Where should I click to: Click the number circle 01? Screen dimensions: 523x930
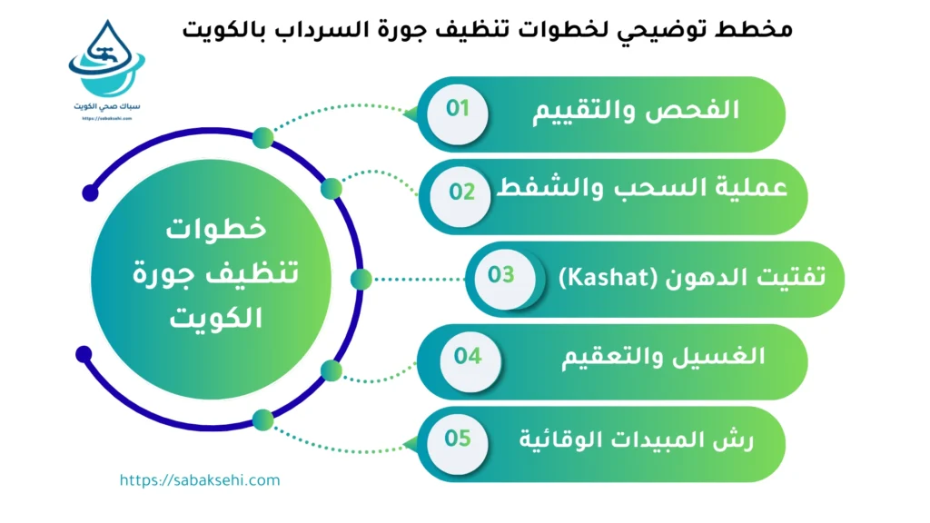(x=458, y=110)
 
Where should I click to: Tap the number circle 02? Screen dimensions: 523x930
(x=463, y=192)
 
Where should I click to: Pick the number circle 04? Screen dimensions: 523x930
(x=468, y=356)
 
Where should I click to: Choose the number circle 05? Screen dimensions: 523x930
(x=458, y=439)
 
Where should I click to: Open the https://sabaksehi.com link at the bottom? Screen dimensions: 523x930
(x=200, y=480)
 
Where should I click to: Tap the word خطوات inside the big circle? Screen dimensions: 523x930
(x=216, y=229)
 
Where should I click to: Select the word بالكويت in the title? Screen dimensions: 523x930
(x=233, y=29)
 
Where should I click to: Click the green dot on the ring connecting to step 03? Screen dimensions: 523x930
(x=361, y=279)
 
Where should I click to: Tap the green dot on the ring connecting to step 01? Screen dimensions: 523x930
(x=262, y=138)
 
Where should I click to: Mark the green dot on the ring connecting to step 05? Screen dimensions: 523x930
(x=262, y=419)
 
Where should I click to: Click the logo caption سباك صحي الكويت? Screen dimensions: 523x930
(x=107, y=106)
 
